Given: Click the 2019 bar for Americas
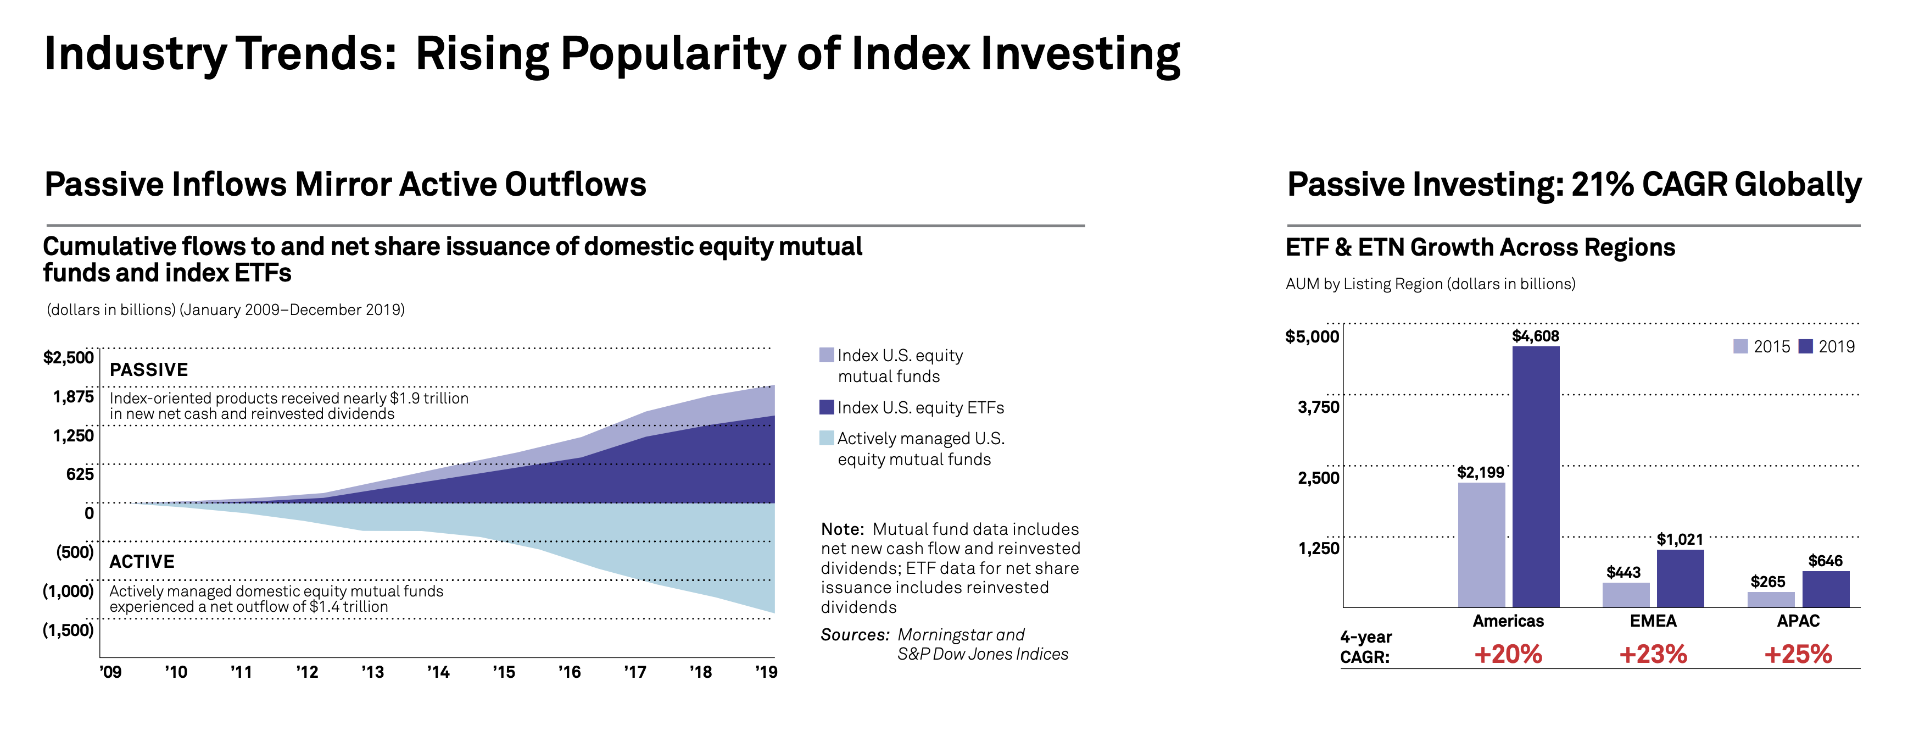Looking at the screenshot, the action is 1536,477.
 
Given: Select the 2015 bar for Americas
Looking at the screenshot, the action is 1481,545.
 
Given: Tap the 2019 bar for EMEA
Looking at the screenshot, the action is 1680,578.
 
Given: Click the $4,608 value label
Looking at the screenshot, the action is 1536,336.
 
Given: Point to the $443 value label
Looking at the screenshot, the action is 1624,572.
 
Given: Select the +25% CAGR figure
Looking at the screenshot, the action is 1798,654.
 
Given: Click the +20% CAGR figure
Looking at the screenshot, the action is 1508,654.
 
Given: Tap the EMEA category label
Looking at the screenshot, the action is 1653,621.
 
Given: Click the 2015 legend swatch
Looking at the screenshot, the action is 1740,346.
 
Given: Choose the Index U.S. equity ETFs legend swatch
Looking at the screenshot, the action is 827,407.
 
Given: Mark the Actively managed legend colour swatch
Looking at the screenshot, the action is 827,438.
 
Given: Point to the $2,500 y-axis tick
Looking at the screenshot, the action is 69,357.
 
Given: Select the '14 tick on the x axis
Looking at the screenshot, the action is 438,672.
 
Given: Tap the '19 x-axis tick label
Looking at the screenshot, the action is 766,672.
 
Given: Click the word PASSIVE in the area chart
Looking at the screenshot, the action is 149,370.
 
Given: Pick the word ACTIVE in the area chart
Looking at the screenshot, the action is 142,562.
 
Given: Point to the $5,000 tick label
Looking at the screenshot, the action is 1313,336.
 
